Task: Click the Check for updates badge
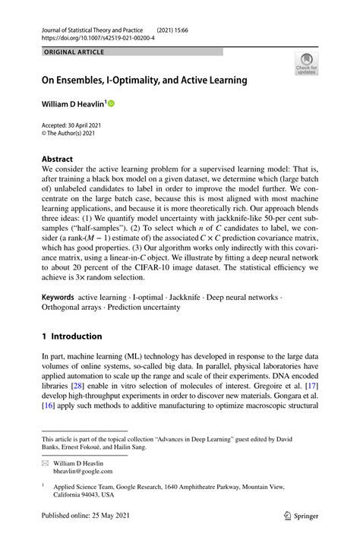coord(307,63)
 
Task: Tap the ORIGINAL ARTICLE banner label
coord(74,52)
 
